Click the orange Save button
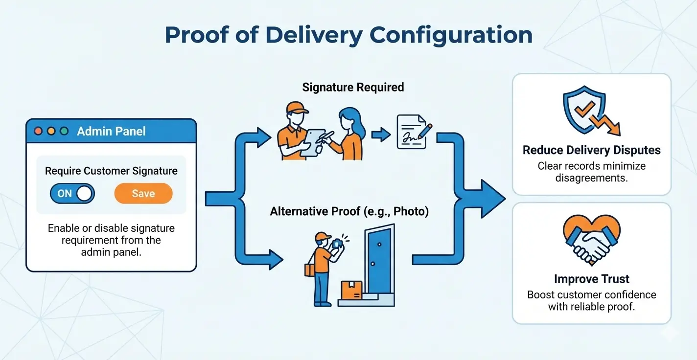[x=143, y=194]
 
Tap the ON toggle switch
[x=72, y=194]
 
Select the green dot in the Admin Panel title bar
[x=64, y=131]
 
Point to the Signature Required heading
[x=353, y=88]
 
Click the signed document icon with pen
[x=413, y=132]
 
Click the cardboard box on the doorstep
[x=351, y=290]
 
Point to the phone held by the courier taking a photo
[x=337, y=243]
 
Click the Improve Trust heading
[x=591, y=279]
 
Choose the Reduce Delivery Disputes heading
[x=591, y=150]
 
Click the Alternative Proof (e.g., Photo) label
[x=349, y=212]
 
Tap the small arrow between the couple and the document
[x=380, y=135]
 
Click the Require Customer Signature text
[x=111, y=171]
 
